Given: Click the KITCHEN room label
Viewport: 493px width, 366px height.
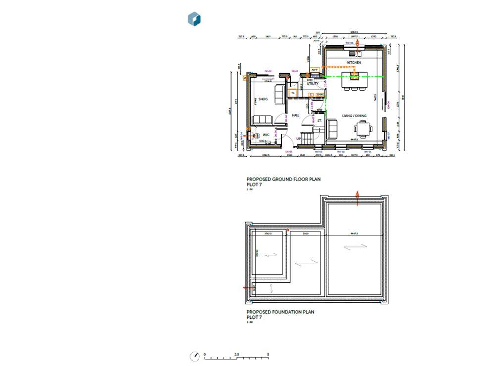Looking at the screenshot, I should coord(354,63).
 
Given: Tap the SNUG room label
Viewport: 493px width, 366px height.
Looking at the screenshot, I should coord(263,99).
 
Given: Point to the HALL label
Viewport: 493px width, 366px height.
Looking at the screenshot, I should coord(296,115).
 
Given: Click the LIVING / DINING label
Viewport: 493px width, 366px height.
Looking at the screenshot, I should coord(354,116).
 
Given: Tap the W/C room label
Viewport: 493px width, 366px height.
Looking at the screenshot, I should coord(266,134).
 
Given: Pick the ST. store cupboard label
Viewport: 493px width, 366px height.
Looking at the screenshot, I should coord(319,120).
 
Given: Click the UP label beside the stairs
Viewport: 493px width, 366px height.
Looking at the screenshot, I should coord(298,139).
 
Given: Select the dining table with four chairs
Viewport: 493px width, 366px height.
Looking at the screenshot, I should coord(361,129).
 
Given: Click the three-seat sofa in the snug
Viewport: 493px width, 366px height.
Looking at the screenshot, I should coord(262,120).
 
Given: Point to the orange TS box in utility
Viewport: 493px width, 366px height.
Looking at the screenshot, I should coord(293,93).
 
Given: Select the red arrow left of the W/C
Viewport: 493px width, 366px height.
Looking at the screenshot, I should coord(244,135).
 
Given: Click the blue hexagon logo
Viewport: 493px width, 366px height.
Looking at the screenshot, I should coord(194,19).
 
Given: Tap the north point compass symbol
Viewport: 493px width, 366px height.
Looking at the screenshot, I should coord(195,356).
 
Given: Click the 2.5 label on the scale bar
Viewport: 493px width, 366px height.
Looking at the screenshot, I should coord(237,354).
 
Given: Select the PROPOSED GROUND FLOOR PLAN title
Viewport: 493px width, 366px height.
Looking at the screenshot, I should coord(283,179).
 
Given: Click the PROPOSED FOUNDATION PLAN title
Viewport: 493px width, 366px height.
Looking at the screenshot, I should coord(280,312).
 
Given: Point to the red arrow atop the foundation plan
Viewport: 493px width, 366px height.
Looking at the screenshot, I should coord(357,197).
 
